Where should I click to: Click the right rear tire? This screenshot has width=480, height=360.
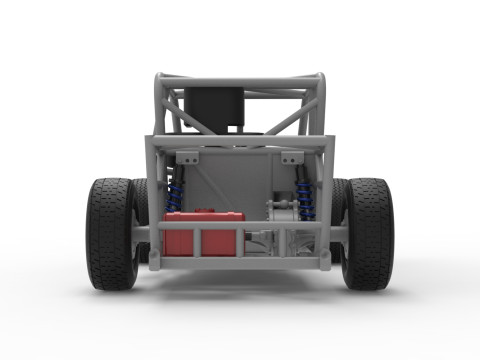coord(369,232)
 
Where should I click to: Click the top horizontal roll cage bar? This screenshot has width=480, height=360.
coord(240,79)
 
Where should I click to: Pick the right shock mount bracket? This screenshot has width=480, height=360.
coord(291,158)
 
